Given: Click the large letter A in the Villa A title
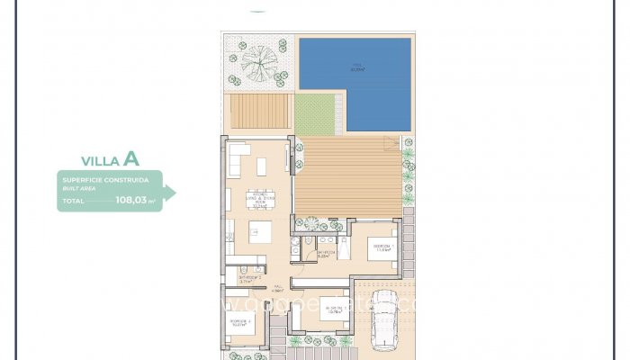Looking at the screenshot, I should pyautogui.click(x=131, y=159).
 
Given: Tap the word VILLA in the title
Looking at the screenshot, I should pyautogui.click(x=101, y=161).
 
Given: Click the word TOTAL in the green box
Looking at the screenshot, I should pyautogui.click(x=73, y=202).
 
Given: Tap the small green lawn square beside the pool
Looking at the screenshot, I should pyautogui.click(x=316, y=113).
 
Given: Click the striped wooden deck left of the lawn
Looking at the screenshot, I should pyautogui.click(x=258, y=112).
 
